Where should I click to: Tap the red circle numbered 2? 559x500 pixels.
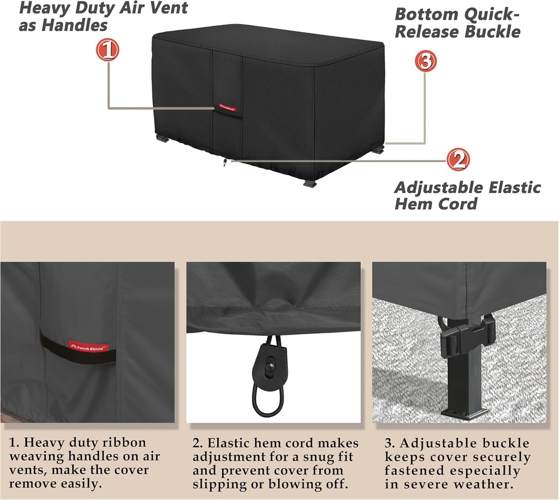coord(458,160)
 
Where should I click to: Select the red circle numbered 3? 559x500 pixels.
coord(426,61)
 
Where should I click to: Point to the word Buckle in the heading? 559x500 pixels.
coord(492,31)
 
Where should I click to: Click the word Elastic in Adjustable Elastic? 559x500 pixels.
coord(506,188)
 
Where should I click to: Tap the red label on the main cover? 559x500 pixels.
coord(227,106)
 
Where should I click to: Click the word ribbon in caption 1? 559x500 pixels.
coord(126,442)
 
